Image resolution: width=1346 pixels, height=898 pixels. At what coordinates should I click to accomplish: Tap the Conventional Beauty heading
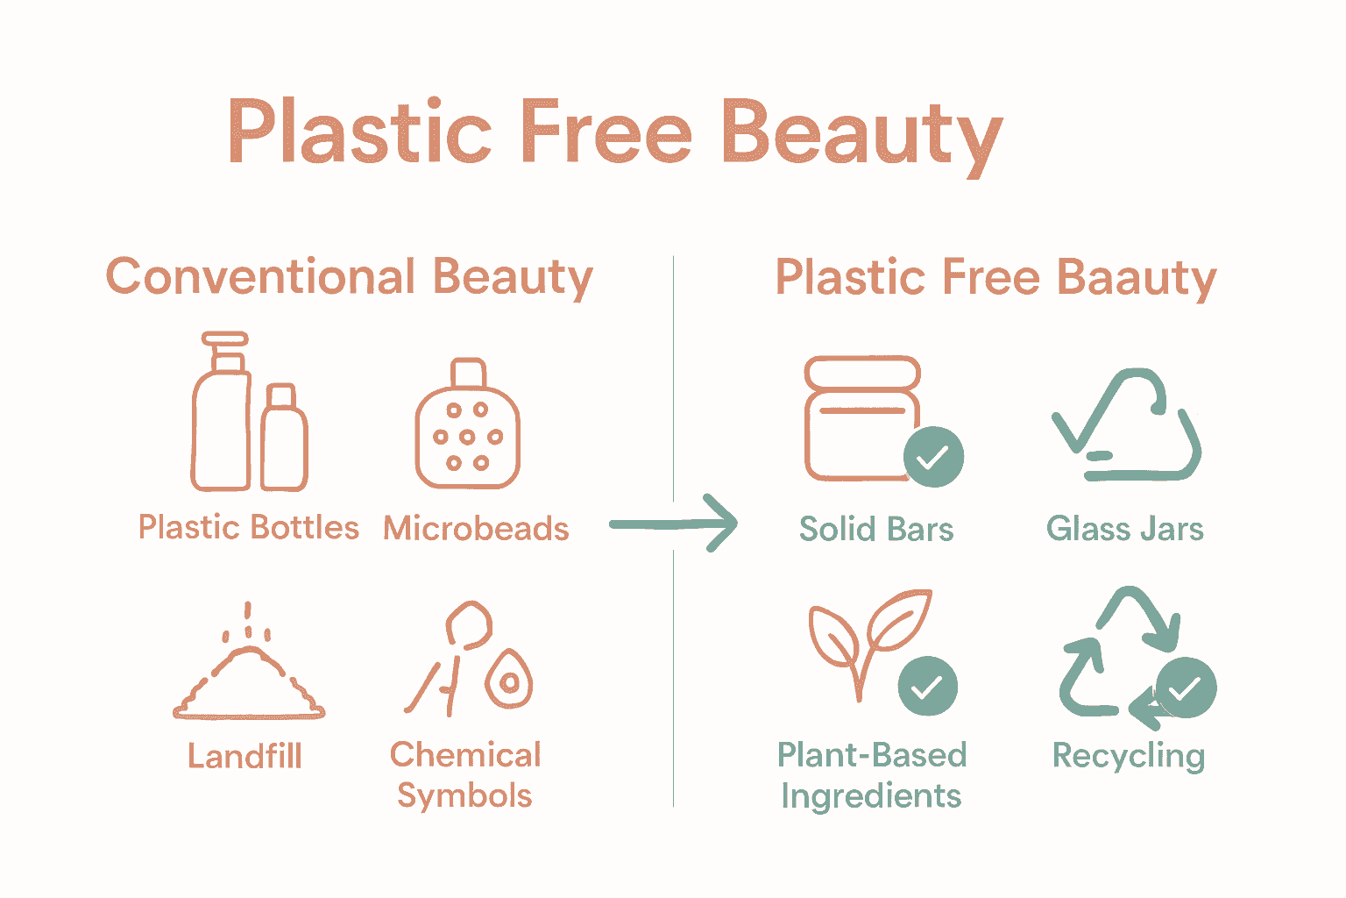(349, 277)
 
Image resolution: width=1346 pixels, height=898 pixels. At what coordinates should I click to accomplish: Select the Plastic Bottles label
(249, 528)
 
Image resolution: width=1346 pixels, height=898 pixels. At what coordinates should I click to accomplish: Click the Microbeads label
(476, 529)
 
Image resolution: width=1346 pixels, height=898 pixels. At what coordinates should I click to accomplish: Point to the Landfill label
(245, 756)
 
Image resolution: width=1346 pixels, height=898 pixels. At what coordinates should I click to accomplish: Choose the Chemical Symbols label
(465, 775)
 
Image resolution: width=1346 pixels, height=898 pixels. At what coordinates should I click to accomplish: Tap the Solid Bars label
(876, 529)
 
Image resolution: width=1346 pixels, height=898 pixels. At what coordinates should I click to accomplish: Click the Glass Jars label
(1125, 529)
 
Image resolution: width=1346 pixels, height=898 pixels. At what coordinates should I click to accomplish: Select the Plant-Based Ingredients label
(872, 775)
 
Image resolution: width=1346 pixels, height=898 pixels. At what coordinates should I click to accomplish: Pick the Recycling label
(1129, 756)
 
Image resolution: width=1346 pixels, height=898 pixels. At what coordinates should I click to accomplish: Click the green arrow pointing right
(675, 524)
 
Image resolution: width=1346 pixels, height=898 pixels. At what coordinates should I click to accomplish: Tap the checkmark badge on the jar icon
(933, 457)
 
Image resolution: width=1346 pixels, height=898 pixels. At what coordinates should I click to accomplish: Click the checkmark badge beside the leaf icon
(927, 687)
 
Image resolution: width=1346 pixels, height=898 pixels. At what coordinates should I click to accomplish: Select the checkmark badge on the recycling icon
(1186, 688)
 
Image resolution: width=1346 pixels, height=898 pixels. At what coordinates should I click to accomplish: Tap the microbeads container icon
(467, 434)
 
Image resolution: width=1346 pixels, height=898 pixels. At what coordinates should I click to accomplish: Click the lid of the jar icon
(862, 372)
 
